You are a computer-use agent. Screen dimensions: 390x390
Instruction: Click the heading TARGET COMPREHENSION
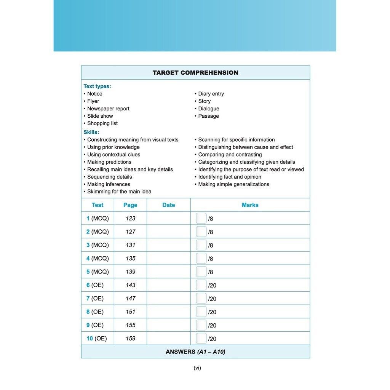tap(195, 73)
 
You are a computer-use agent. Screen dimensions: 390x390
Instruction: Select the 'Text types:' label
tap(97, 86)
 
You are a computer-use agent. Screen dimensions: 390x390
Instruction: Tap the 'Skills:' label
tap(91, 132)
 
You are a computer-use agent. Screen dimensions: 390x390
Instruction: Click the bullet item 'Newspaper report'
tap(108, 109)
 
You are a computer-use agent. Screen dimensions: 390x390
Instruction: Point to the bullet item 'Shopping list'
tap(102, 123)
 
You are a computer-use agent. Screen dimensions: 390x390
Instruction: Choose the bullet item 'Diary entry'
tap(211, 94)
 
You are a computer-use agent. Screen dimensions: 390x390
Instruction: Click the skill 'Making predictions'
tap(109, 162)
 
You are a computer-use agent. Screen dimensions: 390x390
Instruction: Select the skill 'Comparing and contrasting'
tap(230, 155)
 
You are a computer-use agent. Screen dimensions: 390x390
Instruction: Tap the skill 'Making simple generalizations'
tap(233, 184)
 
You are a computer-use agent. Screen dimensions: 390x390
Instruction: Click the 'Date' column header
tap(168, 205)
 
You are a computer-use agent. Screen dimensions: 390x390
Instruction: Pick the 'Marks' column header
tap(250, 205)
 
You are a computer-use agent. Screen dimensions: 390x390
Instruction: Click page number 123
tap(130, 218)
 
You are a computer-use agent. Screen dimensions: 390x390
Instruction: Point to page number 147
tap(130, 298)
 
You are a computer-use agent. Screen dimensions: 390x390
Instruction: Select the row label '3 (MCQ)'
tap(97, 245)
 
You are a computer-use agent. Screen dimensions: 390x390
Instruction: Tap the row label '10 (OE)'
tap(96, 338)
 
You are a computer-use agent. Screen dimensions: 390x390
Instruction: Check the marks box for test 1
tap(201, 218)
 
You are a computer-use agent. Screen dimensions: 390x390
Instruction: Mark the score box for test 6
tap(201, 285)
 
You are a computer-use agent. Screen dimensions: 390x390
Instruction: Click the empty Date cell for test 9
tap(168, 325)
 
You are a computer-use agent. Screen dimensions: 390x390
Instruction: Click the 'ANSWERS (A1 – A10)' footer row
tap(195, 352)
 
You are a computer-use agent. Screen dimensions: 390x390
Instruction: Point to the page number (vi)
tap(197, 368)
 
